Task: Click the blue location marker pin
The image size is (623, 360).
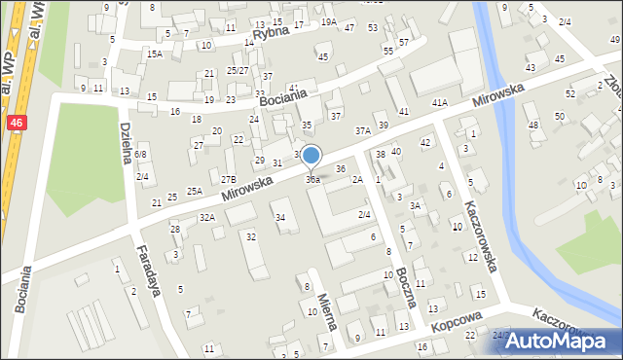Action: [x=311, y=156]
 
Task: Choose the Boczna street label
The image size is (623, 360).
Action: [x=407, y=288]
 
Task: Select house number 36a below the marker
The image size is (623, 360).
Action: [x=312, y=180]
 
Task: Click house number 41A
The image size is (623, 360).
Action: [x=440, y=102]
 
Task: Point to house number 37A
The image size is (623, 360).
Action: [x=363, y=130]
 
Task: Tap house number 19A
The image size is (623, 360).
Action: [x=329, y=21]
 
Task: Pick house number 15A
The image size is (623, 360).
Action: [x=154, y=54]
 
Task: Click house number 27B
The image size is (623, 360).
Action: [x=229, y=179]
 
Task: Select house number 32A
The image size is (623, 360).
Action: [x=206, y=217]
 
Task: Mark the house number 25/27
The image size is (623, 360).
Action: [x=238, y=70]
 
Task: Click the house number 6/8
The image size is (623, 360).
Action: [x=141, y=154]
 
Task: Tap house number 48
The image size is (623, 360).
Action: [x=532, y=125]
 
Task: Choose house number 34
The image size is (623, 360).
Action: [x=280, y=217]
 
